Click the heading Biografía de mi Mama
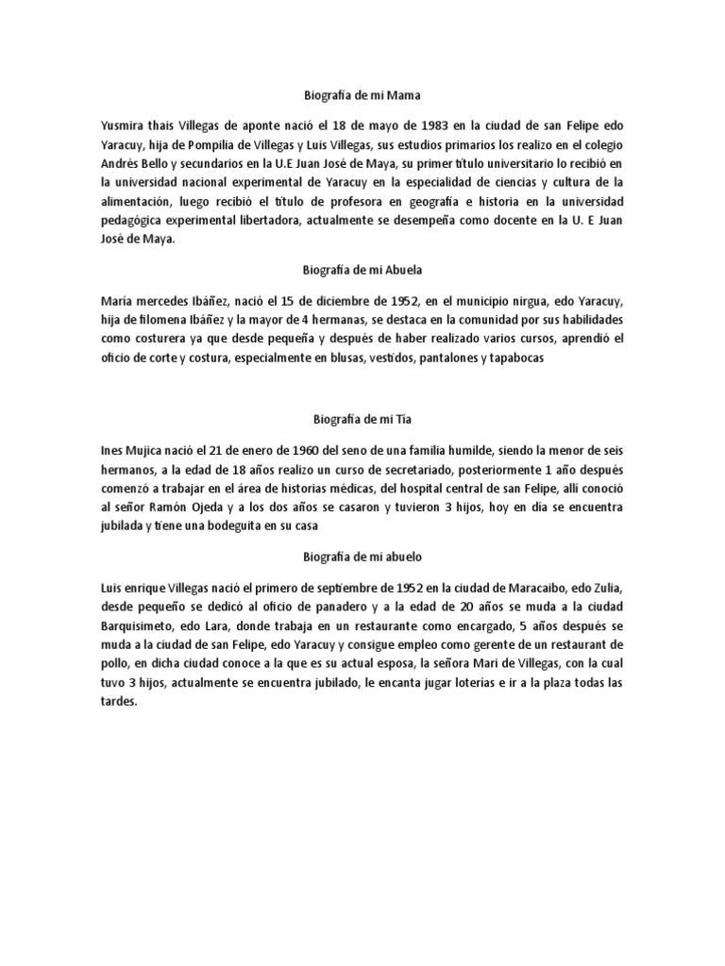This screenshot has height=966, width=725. pos(362,95)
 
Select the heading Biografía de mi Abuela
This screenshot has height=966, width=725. pos(362,269)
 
